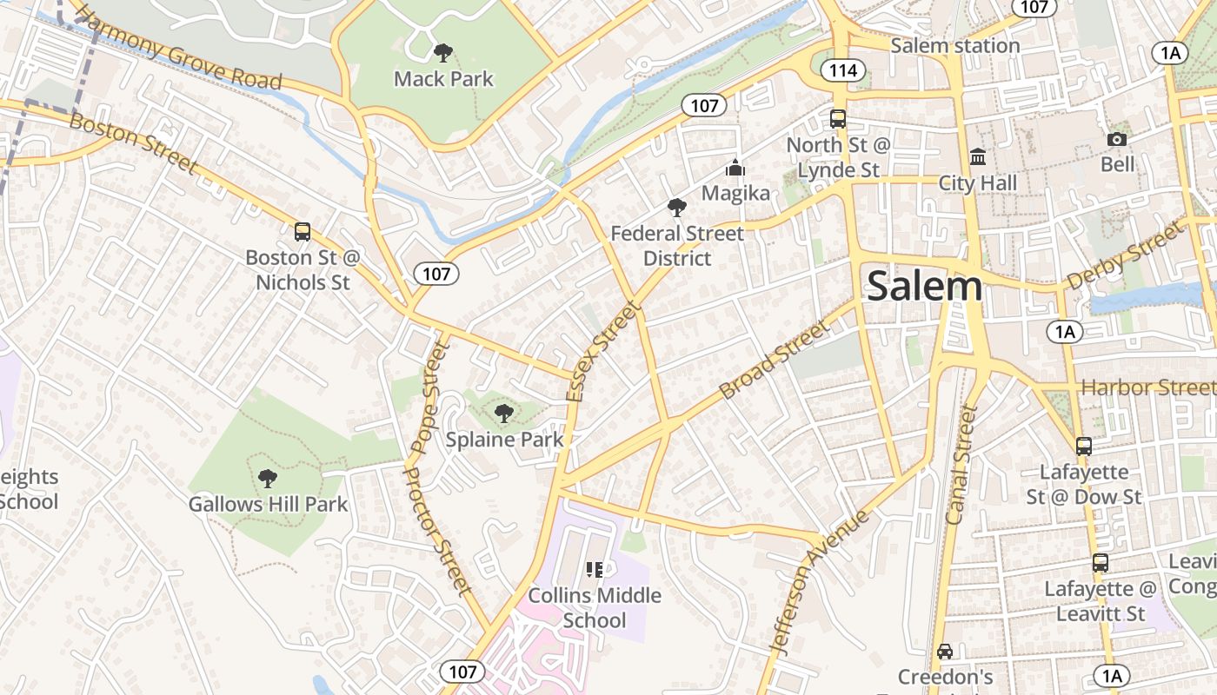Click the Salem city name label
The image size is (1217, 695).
924,286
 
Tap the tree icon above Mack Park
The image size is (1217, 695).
442,53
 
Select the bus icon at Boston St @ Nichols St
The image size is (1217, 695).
303,232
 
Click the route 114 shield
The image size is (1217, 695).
842,71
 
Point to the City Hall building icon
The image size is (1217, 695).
978,157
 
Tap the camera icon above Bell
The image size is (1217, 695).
1117,139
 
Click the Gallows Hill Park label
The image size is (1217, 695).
268,504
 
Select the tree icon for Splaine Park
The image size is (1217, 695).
503,414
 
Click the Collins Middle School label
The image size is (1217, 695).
595,608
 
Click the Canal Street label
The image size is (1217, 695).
961,464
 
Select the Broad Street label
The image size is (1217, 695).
775,360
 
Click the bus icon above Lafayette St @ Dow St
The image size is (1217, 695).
1083,447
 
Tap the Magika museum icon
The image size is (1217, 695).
735,168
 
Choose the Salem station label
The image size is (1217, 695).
954,45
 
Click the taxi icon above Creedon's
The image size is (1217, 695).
945,651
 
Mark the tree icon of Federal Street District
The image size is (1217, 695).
676,208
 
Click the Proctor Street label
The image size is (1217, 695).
439,542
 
